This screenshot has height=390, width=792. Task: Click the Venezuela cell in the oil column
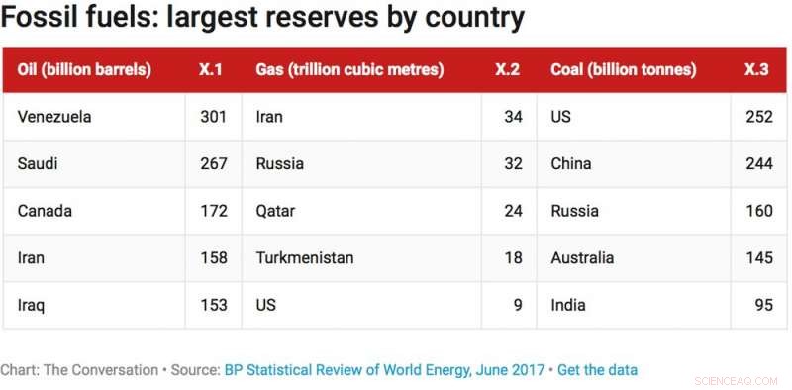(54, 117)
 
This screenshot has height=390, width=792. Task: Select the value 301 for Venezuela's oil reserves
(213, 117)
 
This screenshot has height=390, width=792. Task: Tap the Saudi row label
(38, 163)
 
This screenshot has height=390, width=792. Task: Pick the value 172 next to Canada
(213, 211)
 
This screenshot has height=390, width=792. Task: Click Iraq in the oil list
(31, 305)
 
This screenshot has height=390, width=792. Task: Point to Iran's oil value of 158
(213, 257)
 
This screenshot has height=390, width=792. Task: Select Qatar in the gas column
(275, 211)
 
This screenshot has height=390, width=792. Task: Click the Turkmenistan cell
(305, 257)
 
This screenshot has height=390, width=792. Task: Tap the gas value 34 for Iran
(513, 117)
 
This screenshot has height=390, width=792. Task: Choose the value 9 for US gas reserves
(518, 305)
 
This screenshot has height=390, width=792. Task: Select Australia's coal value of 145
(758, 257)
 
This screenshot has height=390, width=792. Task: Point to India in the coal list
(569, 305)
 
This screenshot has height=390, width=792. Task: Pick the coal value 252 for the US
(758, 117)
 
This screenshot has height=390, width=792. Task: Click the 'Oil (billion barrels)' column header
(84, 70)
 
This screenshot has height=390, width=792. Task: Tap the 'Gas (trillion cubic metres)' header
(349, 70)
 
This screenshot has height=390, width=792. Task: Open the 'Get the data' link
(597, 370)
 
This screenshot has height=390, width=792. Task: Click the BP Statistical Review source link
(384, 370)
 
